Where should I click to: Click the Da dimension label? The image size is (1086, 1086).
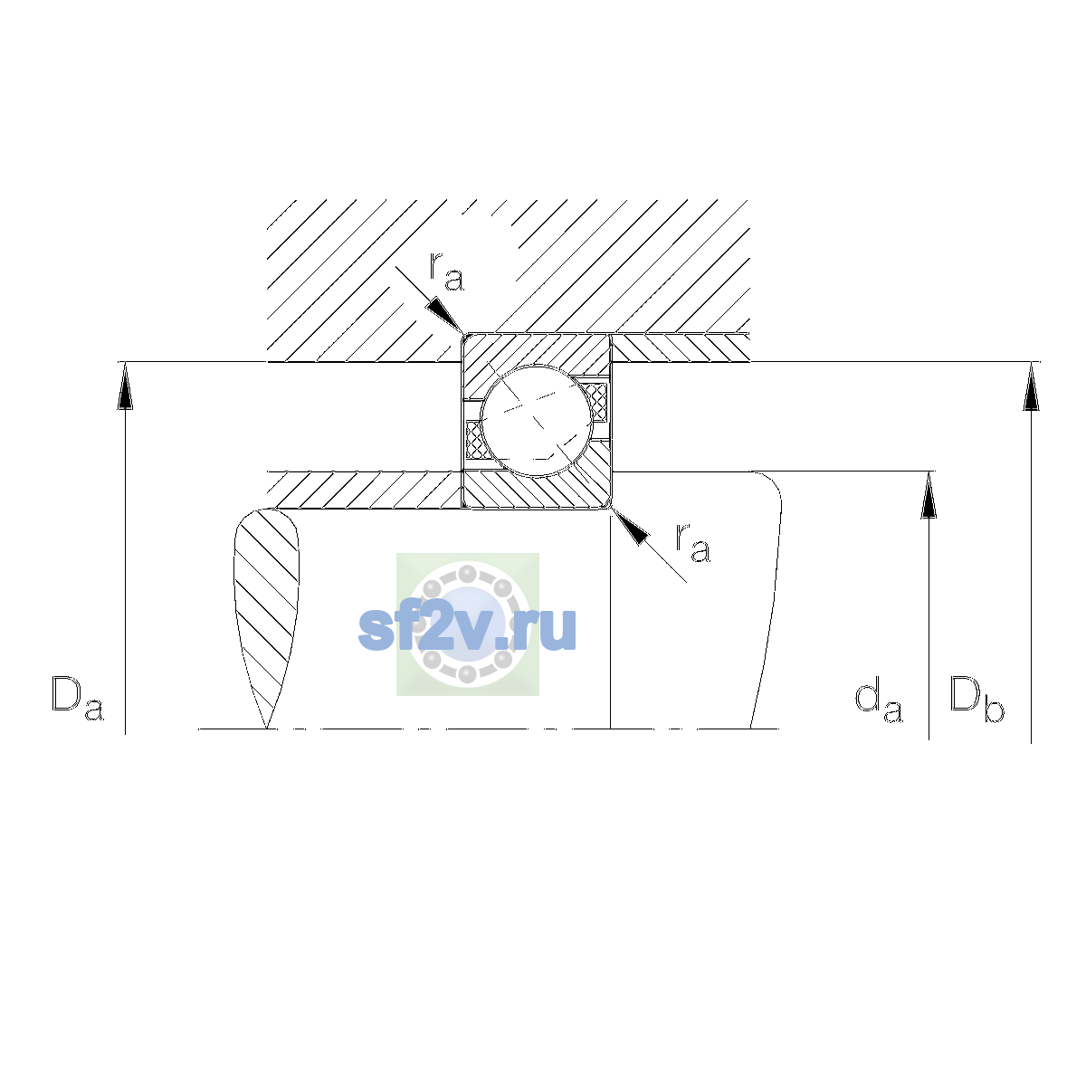pyautogui.click(x=78, y=698)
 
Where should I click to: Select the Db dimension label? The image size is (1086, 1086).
pyautogui.click(x=976, y=699)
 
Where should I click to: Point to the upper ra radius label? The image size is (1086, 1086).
pyautogui.click(x=446, y=271)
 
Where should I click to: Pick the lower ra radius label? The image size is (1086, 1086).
pyautogui.click(x=693, y=543)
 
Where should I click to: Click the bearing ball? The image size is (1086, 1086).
pyautogui.click(x=536, y=421)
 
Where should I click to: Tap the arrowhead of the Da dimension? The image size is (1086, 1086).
pyautogui.click(x=125, y=386)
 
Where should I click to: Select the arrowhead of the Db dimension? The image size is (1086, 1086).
pyautogui.click(x=1031, y=386)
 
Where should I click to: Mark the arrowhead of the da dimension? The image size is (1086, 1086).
pyautogui.click(x=929, y=495)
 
